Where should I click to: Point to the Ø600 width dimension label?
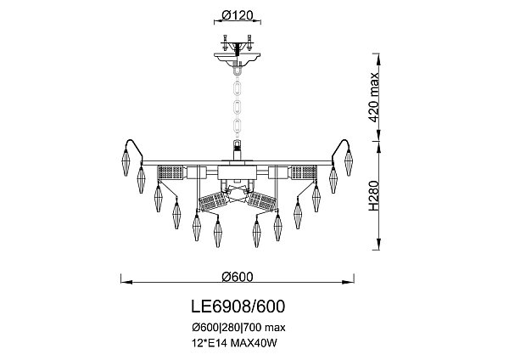238,277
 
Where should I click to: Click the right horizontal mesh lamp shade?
303,173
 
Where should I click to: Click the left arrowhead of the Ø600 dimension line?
123,284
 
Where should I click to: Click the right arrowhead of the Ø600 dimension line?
351,284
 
